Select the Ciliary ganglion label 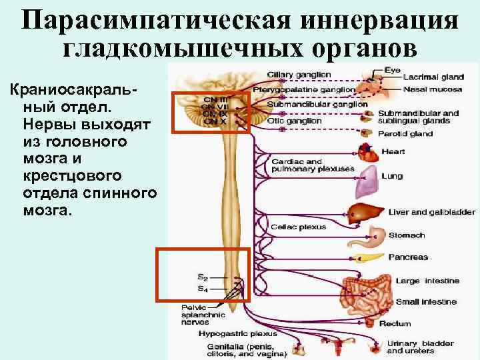[298, 74]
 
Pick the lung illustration [369, 178]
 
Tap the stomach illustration [375, 235]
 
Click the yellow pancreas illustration [368, 257]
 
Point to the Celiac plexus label [298, 227]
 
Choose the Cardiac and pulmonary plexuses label [312, 165]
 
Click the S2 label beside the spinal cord [201, 275]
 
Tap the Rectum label [413, 324]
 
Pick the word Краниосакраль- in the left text [79, 91]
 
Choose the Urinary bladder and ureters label [420, 347]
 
